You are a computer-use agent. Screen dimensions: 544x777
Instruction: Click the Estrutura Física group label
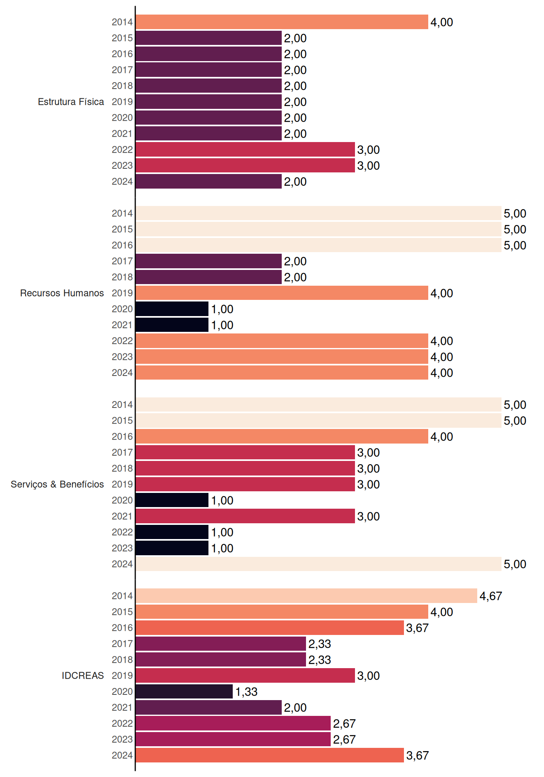coord(71,102)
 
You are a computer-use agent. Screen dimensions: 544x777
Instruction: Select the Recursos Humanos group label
coord(62,293)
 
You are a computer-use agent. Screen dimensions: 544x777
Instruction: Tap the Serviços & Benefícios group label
coord(57,484)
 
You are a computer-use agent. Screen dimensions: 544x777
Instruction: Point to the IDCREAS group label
coord(83,675)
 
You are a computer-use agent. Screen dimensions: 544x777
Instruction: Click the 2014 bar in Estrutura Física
coord(282,22)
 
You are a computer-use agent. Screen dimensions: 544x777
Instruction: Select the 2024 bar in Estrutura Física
coord(208,181)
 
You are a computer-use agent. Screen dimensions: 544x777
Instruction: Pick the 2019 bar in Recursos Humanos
coord(282,293)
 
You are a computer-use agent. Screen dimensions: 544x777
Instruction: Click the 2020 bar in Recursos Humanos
coord(172,309)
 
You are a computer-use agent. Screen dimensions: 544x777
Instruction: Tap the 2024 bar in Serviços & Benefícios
coord(319,564)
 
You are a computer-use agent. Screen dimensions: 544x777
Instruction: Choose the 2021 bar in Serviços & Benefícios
coord(245,516)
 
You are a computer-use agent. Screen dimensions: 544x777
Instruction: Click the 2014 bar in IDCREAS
coord(306,596)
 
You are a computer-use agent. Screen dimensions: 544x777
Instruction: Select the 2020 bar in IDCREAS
coord(184,691)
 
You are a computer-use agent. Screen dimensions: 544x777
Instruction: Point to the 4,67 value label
coord(491,596)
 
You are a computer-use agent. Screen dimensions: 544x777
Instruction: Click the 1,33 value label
coord(246,692)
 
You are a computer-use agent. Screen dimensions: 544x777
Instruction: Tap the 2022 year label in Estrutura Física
coord(122,150)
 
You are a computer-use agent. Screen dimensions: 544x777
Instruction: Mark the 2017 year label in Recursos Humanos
coord(122,261)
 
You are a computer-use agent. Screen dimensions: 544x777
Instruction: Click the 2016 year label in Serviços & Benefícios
coord(122,437)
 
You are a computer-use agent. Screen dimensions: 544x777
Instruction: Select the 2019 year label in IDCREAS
coord(122,675)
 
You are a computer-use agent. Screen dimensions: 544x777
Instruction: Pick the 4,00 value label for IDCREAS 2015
coord(442,612)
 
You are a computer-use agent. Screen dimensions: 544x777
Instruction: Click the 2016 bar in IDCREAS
coord(270,628)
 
